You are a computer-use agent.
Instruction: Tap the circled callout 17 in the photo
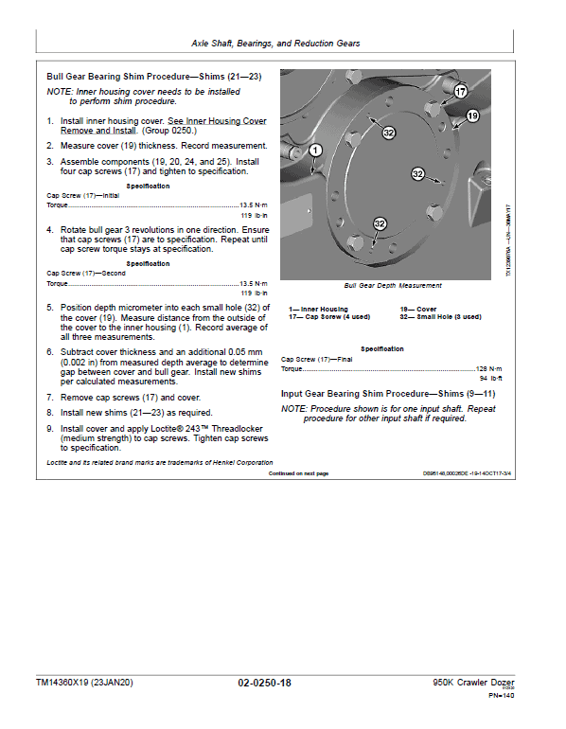pos(460,92)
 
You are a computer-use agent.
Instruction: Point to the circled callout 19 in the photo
pos(472,116)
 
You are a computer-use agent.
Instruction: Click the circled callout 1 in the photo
pos(315,150)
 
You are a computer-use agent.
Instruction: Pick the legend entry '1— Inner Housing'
pos(319,310)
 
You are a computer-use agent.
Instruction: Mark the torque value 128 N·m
pos(488,368)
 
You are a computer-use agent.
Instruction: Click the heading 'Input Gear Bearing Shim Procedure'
pos(388,393)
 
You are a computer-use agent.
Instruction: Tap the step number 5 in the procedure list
pos(49,308)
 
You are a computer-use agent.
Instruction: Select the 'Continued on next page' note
pos(298,473)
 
